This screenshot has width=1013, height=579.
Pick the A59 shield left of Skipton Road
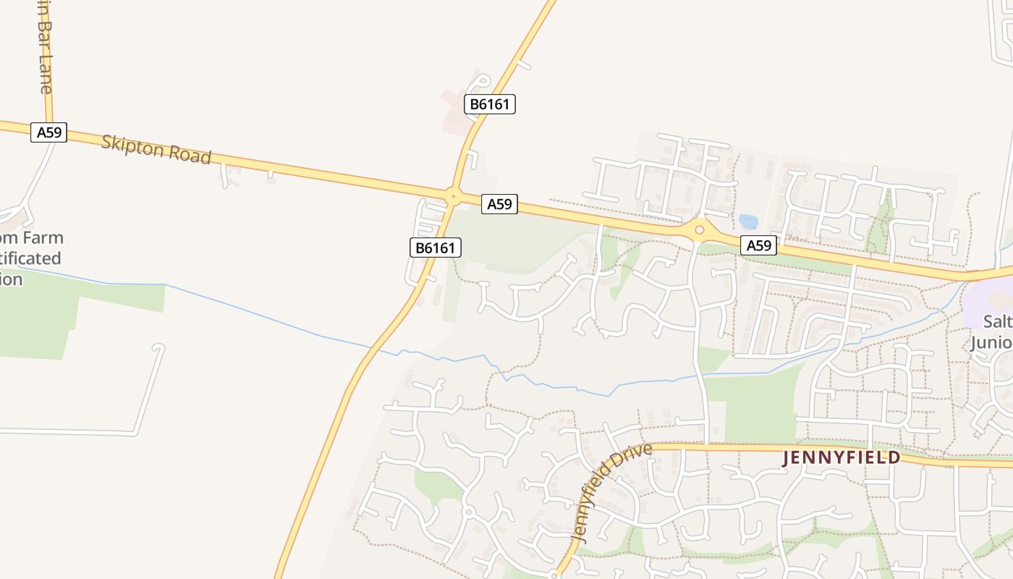click(48, 132)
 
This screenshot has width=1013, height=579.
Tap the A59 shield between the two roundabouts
click(499, 204)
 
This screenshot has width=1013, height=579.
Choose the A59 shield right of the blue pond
click(758, 245)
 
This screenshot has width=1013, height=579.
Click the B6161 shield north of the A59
click(490, 104)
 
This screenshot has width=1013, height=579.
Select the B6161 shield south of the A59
click(436, 248)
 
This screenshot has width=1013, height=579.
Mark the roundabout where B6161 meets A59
click(453, 195)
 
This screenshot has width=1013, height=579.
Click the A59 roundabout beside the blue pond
click(699, 231)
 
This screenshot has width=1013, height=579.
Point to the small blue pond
click(748, 221)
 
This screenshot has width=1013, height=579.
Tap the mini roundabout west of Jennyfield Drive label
click(468, 512)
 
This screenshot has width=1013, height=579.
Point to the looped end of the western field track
click(158, 349)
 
